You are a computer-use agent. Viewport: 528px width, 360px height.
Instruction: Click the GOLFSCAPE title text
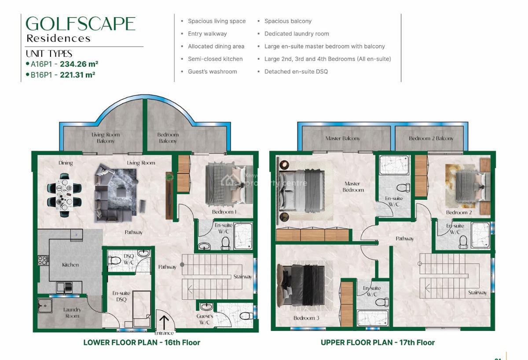pyautogui.click(x=81, y=24)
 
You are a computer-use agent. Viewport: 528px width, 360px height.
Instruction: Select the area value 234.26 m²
pyautogui.click(x=79, y=64)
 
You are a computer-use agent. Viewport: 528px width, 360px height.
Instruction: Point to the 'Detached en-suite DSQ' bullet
pyautogui.click(x=296, y=71)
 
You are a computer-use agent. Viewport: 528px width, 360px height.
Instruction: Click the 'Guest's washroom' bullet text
pyautogui.click(x=212, y=71)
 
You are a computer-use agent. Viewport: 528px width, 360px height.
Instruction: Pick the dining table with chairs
pyautogui.click(x=65, y=195)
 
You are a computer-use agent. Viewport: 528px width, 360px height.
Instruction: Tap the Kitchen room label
pyautogui.click(x=70, y=265)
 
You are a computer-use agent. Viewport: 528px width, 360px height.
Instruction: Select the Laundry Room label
pyautogui.click(x=72, y=312)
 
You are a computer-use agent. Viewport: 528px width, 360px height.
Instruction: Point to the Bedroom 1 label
pyautogui.click(x=224, y=212)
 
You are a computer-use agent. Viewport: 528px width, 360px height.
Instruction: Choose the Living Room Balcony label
pyautogui.click(x=106, y=138)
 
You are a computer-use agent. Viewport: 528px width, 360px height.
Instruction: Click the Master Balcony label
pyautogui.click(x=343, y=138)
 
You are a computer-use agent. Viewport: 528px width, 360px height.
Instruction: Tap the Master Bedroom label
pyautogui.click(x=353, y=187)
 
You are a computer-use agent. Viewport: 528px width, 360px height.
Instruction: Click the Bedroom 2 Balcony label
pyautogui.click(x=431, y=138)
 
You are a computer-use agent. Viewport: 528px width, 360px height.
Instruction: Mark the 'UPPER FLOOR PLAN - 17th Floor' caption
pyautogui.click(x=378, y=342)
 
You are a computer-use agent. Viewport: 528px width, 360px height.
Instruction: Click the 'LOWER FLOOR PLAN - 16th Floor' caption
pyautogui.click(x=141, y=342)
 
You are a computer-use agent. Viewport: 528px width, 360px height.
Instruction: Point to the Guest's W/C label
pyautogui.click(x=205, y=319)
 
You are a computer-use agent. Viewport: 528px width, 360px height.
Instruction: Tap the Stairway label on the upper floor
pyautogui.click(x=477, y=293)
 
